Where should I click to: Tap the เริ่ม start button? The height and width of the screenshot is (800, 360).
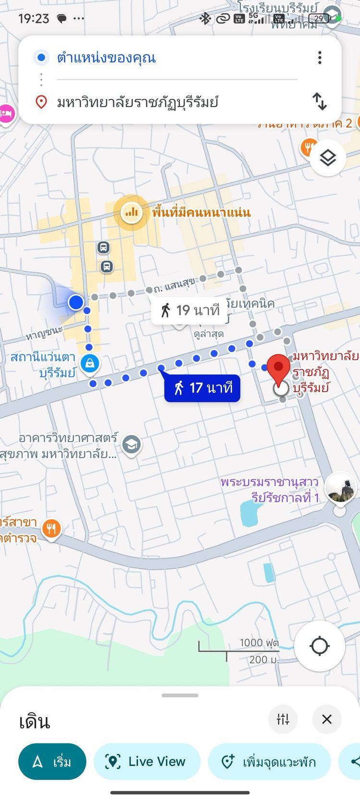click(52, 762)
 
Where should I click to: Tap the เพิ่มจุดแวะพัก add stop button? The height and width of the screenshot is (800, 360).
click(269, 762)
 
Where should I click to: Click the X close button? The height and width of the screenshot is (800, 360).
click(327, 719)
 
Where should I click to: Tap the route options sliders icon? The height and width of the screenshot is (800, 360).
click(283, 719)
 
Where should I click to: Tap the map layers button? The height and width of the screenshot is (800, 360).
click(328, 157)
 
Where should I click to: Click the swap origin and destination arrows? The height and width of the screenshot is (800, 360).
click(320, 101)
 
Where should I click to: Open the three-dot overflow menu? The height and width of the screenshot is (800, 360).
click(320, 58)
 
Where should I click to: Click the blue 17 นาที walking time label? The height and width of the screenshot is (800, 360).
click(202, 388)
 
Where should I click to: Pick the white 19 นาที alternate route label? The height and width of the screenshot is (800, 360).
click(190, 310)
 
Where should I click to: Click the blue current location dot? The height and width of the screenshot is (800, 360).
click(76, 302)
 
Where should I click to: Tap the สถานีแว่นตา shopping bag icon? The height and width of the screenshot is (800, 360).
click(90, 363)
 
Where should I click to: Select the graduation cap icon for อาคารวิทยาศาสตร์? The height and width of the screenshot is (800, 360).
click(131, 445)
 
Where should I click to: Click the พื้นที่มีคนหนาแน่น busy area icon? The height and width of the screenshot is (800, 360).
click(131, 212)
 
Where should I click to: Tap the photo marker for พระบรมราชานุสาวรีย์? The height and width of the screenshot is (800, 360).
click(340, 488)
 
